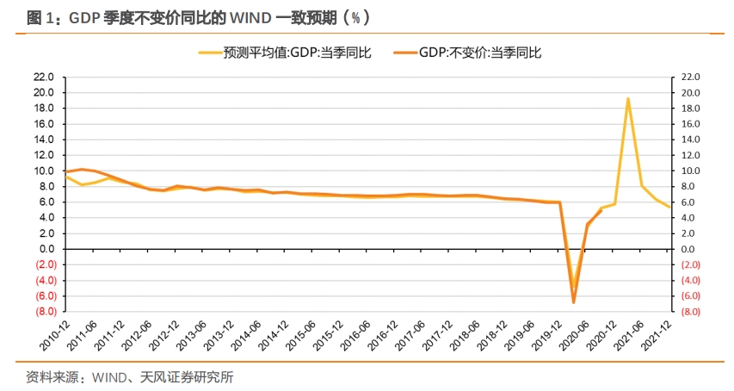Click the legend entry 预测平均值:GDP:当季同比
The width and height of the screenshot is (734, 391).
pyautogui.click(x=297, y=53)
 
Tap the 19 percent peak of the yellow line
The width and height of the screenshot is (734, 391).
pyautogui.click(x=627, y=98)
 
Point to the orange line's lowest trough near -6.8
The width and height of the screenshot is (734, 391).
pyautogui.click(x=573, y=302)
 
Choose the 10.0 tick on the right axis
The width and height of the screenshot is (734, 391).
pyautogui.click(x=692, y=171)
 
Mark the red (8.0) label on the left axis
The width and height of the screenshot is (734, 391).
pyautogui.click(x=45, y=312)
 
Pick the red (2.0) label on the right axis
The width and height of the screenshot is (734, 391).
pyautogui.click(x=692, y=264)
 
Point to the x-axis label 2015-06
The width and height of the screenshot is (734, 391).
pyautogui.click(x=300, y=338)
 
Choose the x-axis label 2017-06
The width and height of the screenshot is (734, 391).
pyautogui.click(x=410, y=338)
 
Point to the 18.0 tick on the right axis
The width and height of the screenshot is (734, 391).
pyautogui.click(x=692, y=109)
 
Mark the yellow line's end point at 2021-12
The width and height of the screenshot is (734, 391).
pyautogui.click(x=669, y=207)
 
